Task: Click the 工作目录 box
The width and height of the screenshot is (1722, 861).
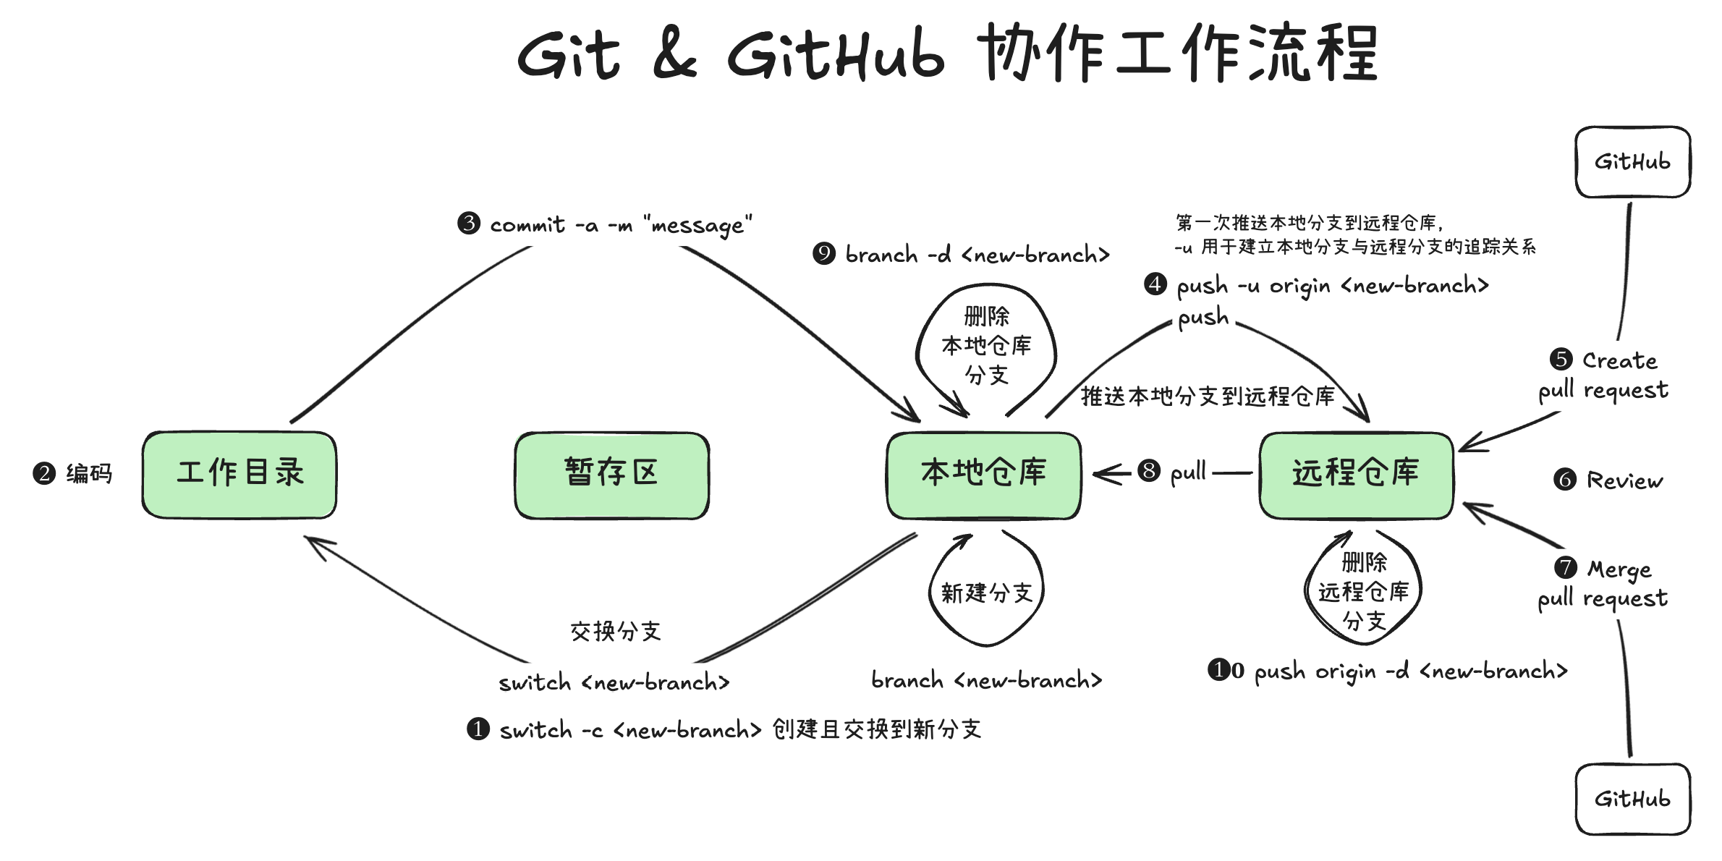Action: (x=239, y=475)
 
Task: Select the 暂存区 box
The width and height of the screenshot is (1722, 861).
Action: (x=612, y=475)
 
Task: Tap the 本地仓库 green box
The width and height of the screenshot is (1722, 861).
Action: (x=984, y=475)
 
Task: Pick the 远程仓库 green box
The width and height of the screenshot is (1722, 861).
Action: (x=1357, y=475)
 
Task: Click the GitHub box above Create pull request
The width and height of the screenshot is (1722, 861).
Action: (x=1633, y=162)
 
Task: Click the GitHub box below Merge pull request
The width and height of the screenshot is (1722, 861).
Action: (x=1633, y=799)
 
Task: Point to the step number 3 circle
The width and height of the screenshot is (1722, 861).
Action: (x=469, y=223)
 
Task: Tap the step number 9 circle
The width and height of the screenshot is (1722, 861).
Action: (x=823, y=253)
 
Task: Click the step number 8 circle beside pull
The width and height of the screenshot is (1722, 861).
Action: (x=1149, y=470)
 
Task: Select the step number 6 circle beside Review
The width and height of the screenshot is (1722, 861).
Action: (x=1564, y=479)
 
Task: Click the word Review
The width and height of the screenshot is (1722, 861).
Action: (x=1625, y=480)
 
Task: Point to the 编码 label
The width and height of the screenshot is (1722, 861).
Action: (x=89, y=474)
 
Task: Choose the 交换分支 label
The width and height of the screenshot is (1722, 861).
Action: (x=616, y=632)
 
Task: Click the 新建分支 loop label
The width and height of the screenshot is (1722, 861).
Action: (x=986, y=593)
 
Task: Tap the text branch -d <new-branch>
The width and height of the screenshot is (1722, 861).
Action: (x=977, y=255)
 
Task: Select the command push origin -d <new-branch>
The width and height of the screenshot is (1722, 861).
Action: (x=1411, y=671)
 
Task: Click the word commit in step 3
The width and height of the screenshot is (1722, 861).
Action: (x=527, y=225)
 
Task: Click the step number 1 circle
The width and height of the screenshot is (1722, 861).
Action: (x=478, y=729)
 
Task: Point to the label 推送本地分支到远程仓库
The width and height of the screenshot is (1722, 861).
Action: (x=1208, y=396)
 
